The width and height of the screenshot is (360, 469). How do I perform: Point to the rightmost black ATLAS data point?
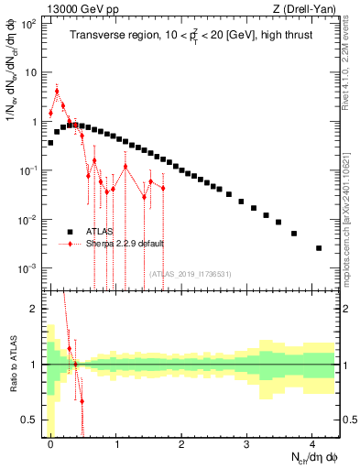click(319, 248)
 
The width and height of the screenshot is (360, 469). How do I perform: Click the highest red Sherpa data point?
click(57, 91)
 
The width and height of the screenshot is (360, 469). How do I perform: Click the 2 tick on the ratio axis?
click(36, 309)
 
